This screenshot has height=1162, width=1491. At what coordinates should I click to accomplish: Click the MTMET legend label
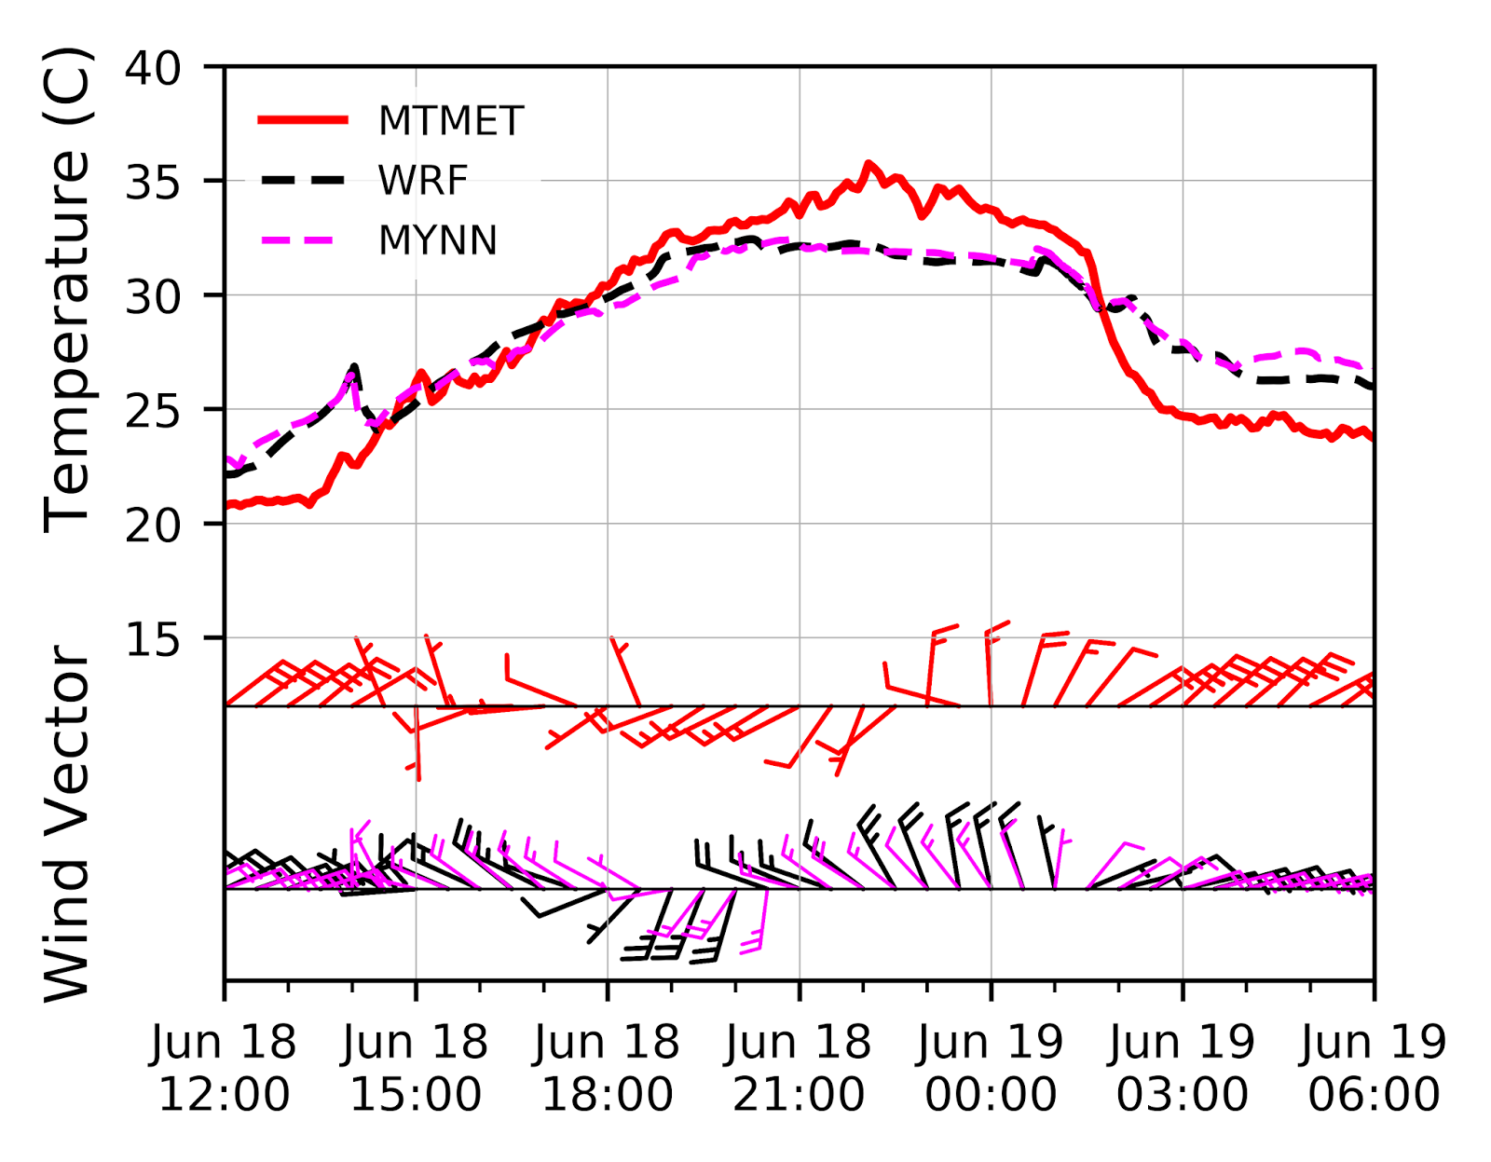pos(450,121)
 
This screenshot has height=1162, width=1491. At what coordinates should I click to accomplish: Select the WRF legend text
pos(422,181)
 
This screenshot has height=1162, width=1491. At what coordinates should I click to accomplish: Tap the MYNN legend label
pos(437,240)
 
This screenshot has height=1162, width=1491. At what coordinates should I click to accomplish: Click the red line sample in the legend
pos(304,120)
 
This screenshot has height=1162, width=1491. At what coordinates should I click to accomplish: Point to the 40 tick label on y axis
pos(153,68)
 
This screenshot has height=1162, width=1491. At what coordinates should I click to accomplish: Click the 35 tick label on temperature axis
pos(153,183)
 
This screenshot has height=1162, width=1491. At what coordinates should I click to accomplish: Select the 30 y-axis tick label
pos(153,297)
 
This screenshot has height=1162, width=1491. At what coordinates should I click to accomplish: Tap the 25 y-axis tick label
pos(153,411)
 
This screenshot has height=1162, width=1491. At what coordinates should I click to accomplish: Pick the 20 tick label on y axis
pos(153,526)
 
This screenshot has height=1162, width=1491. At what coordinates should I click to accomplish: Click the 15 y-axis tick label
pos(153,640)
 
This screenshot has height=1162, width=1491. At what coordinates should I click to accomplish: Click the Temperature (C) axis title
pos(67,289)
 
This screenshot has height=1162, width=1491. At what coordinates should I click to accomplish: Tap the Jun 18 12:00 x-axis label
pos(224,1068)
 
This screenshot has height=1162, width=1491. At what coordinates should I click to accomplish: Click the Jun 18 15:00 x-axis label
pos(416,1068)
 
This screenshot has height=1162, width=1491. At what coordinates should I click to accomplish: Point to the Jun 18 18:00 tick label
pos(608,1068)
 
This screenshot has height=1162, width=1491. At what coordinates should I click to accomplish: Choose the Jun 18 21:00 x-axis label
pos(799,1068)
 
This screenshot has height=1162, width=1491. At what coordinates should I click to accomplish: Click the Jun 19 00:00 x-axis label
pos(991,1068)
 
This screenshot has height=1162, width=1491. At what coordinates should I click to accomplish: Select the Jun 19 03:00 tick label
pos(1183,1068)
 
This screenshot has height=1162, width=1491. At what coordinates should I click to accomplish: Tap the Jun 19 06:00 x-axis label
pos(1374,1068)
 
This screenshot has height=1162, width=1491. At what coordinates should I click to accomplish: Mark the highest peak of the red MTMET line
pos(869,164)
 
